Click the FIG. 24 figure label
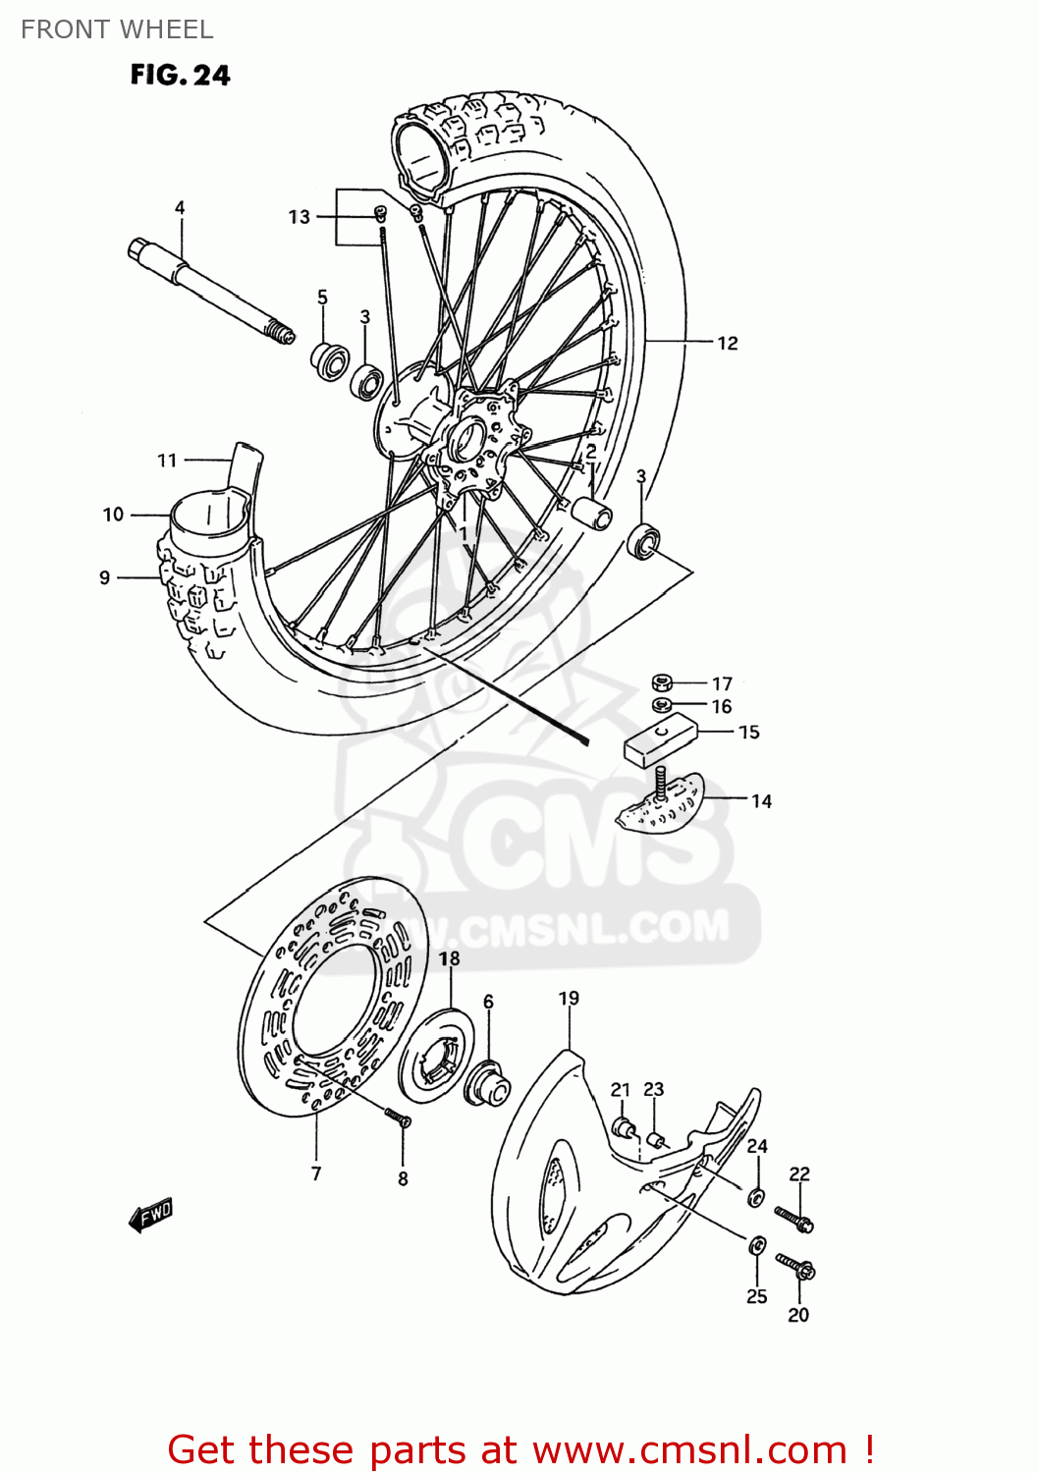180,76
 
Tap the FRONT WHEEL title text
117,29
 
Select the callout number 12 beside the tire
727,343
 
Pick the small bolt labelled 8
397,1118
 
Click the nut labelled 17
661,682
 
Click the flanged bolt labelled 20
794,1266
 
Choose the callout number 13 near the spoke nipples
299,217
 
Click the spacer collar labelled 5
330,360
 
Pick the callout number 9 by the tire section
105,577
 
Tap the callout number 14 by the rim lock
761,801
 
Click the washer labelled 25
757,1245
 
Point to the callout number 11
167,460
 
